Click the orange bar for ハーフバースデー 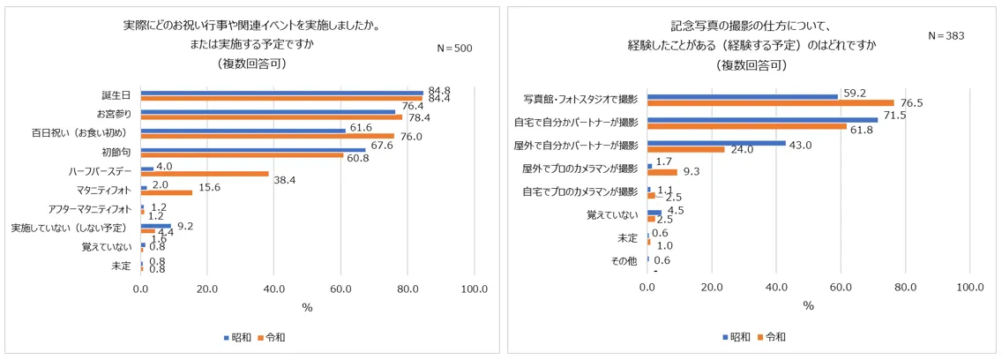point(204,174)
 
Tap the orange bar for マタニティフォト point(166,192)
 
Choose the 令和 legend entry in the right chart point(774,336)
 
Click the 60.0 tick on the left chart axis point(340,289)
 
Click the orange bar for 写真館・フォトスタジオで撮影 point(771,102)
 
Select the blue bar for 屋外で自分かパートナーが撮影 point(716,143)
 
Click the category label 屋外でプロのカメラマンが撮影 point(580,169)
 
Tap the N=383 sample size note point(946,36)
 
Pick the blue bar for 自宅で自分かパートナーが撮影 point(763,119)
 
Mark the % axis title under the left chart point(307,307)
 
